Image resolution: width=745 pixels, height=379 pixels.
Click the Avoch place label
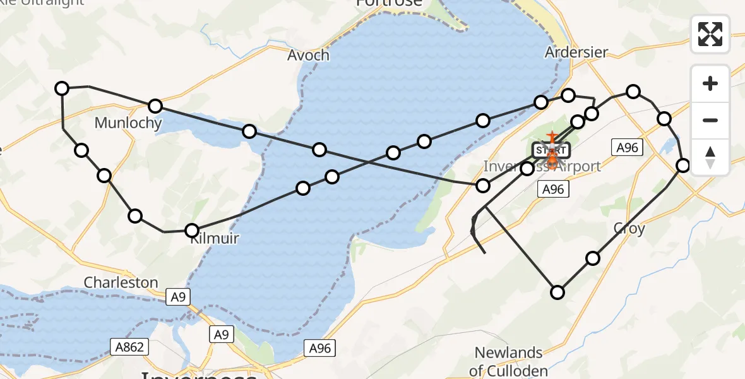(308, 55)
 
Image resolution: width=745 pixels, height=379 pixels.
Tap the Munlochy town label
(128, 123)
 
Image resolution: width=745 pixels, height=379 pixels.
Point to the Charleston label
(121, 282)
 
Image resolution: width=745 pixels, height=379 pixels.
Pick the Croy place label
(629, 228)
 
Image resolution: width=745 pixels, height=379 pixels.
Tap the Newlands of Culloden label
(508, 361)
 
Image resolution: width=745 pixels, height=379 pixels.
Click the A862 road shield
(131, 346)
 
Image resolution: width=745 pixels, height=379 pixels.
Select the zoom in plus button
(710, 83)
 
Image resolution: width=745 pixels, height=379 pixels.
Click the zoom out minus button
(710, 120)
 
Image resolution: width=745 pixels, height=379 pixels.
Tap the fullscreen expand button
(710, 33)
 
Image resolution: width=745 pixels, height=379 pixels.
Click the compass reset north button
(710, 157)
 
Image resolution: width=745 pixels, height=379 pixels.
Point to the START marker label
(551, 150)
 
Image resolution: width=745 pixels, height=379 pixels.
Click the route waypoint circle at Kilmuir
(192, 231)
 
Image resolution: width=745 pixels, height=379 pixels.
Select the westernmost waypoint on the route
(62, 88)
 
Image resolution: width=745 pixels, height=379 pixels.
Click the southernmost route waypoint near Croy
(557, 292)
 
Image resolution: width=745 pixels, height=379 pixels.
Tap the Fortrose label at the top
(388, 3)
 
